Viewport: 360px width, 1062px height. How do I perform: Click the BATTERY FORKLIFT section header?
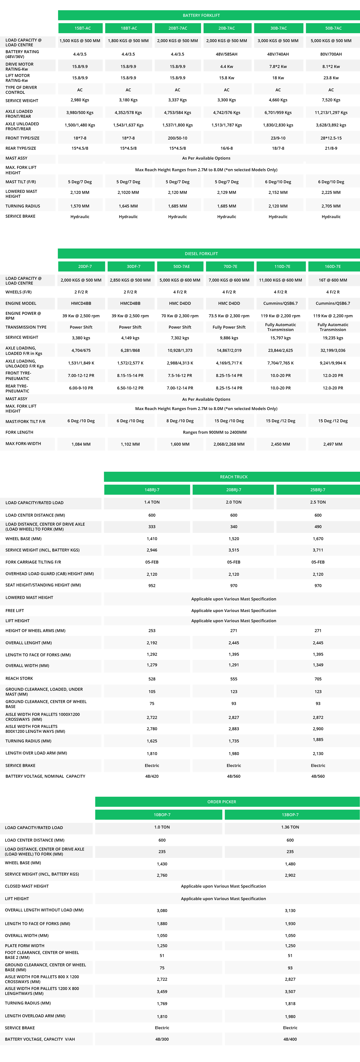(201, 15)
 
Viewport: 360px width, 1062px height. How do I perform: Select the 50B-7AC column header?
(333, 28)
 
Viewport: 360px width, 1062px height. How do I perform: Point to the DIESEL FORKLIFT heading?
(201, 254)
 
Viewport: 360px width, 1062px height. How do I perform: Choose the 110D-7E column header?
(282, 266)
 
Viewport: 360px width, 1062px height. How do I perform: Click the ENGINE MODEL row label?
(21, 303)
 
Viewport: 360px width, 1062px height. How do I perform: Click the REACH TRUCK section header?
(233, 477)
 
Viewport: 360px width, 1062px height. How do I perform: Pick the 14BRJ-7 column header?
(152, 490)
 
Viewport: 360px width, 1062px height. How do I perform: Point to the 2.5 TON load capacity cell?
(318, 502)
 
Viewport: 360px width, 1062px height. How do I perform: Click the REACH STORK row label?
(19, 678)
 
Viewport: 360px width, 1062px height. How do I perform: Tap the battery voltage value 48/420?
(152, 776)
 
